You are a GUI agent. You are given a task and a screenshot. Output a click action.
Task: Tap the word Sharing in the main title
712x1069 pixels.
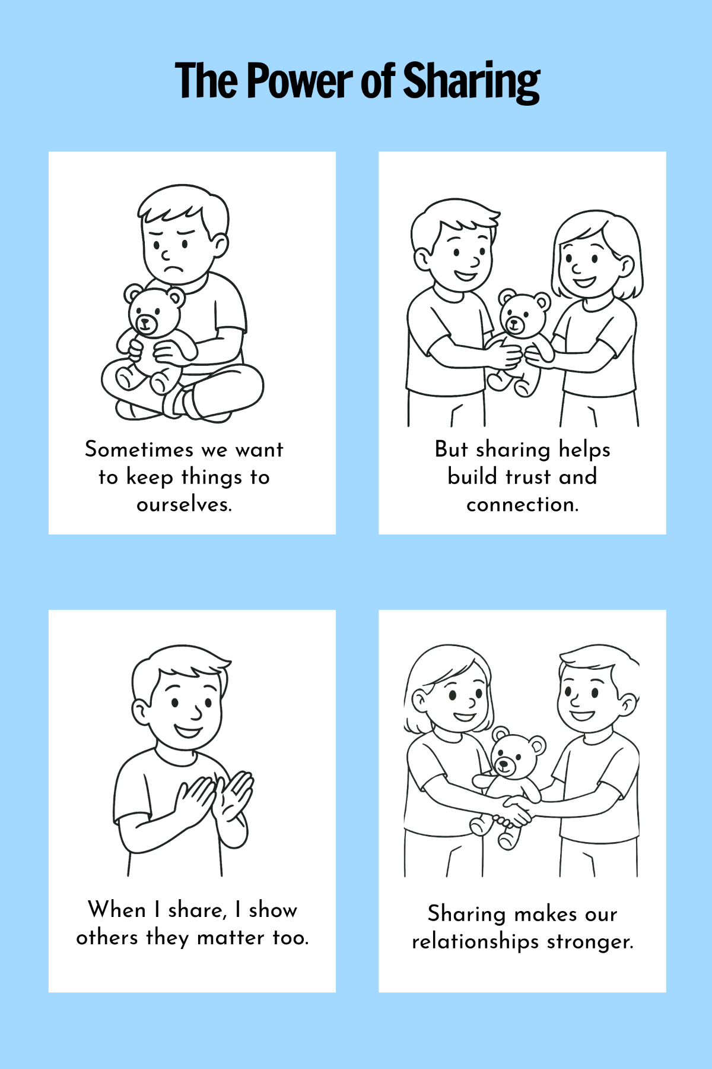click(472, 82)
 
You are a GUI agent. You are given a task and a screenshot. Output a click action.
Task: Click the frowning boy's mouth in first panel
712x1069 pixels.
click(173, 268)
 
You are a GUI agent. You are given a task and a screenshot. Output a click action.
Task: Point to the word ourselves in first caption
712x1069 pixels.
click(184, 505)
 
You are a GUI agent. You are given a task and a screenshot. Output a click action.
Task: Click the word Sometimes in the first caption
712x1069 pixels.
click(139, 449)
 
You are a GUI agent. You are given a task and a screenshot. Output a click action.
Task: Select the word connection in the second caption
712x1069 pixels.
click(522, 505)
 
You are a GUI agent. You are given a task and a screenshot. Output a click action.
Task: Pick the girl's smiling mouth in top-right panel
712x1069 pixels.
click(584, 280)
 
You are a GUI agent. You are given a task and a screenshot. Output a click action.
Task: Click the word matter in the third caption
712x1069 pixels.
click(230, 938)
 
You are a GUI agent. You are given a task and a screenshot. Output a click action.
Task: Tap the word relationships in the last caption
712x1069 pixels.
click(475, 942)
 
